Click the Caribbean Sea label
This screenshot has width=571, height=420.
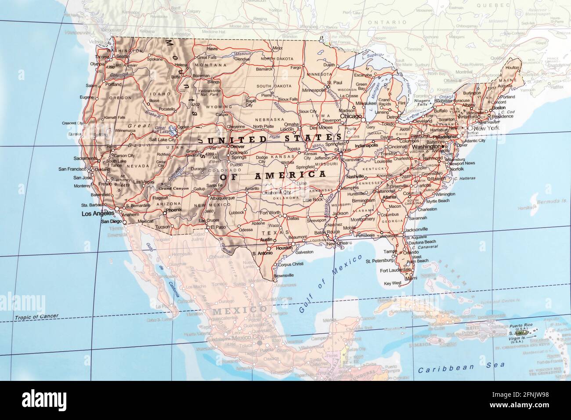click(461, 366)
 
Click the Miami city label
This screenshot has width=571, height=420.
click(412, 278)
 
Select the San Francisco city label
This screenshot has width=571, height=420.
click(73, 169)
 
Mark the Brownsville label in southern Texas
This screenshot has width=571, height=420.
click(283, 275)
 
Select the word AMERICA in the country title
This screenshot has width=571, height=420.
click(291, 175)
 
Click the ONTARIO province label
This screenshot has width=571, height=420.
click(381, 22)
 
